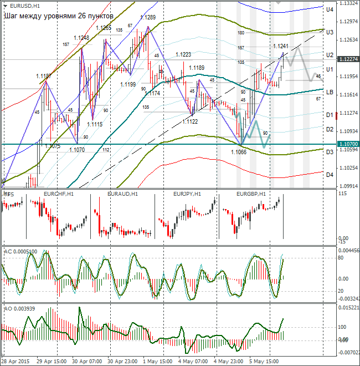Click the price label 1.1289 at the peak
point(147,17)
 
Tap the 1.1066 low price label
point(238,151)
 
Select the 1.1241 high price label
point(281,46)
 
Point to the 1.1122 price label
point(190,121)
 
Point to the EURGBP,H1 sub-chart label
point(251,194)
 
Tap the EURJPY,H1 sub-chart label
point(187,194)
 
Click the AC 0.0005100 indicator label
point(20,251)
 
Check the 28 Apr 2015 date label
point(17,361)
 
